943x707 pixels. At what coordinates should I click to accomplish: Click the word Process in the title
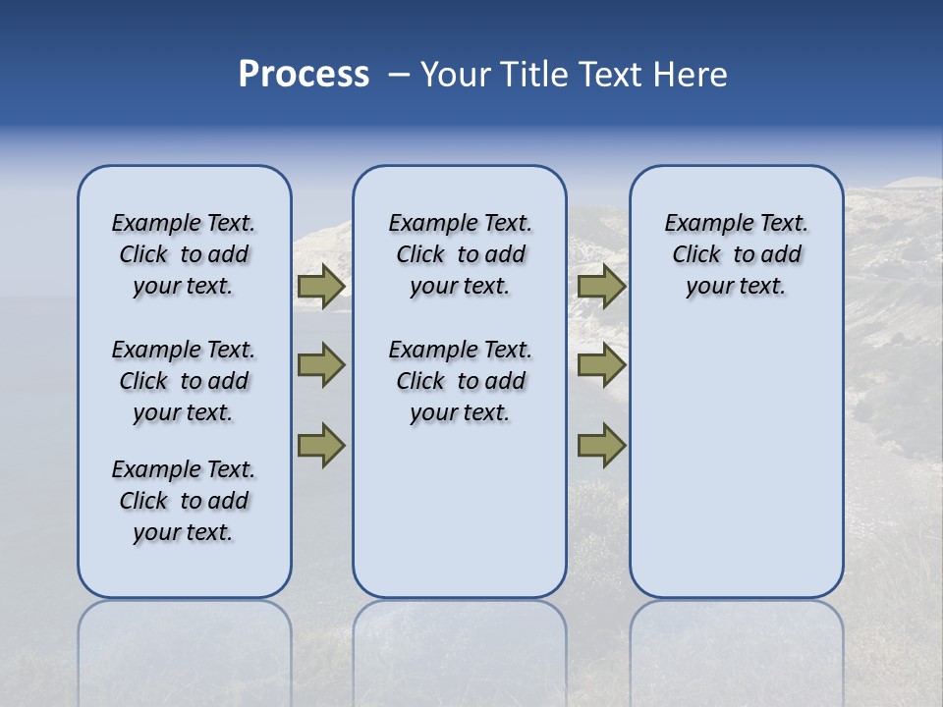click(x=304, y=75)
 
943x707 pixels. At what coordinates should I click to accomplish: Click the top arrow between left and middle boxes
click(x=321, y=286)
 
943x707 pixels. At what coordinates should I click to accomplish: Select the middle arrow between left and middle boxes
click(x=321, y=365)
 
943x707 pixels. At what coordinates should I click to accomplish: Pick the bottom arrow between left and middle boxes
click(x=321, y=446)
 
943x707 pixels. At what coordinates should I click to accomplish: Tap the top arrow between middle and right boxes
click(x=601, y=286)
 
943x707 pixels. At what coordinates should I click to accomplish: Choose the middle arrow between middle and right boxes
click(x=601, y=365)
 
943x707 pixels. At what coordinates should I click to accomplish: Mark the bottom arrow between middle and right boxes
click(x=601, y=446)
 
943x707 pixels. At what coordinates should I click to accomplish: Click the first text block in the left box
click(x=184, y=254)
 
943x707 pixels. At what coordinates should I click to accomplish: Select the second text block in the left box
click(x=184, y=381)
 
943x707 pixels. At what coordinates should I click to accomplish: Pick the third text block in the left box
click(x=184, y=501)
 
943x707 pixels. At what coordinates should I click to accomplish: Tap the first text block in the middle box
click(x=460, y=254)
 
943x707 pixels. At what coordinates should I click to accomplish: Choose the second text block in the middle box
click(x=460, y=381)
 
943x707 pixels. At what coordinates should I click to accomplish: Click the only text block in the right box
click(x=736, y=254)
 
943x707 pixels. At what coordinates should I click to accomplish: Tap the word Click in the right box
click(x=696, y=255)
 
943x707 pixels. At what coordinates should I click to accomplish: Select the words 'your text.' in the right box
click(x=736, y=287)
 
